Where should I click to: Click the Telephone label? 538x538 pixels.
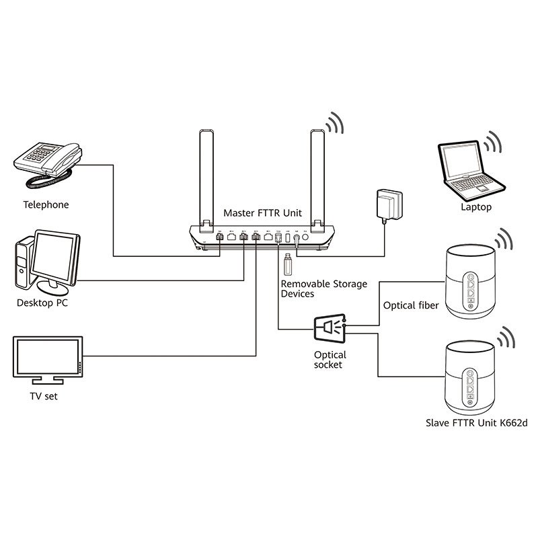pos(46,204)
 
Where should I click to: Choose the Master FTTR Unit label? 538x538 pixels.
pos(262,213)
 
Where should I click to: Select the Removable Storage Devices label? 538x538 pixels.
pos(323,289)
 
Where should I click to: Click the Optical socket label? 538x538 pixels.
pos(330,360)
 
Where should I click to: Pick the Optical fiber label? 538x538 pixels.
pos(411,305)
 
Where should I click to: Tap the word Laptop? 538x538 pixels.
pos(475,207)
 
